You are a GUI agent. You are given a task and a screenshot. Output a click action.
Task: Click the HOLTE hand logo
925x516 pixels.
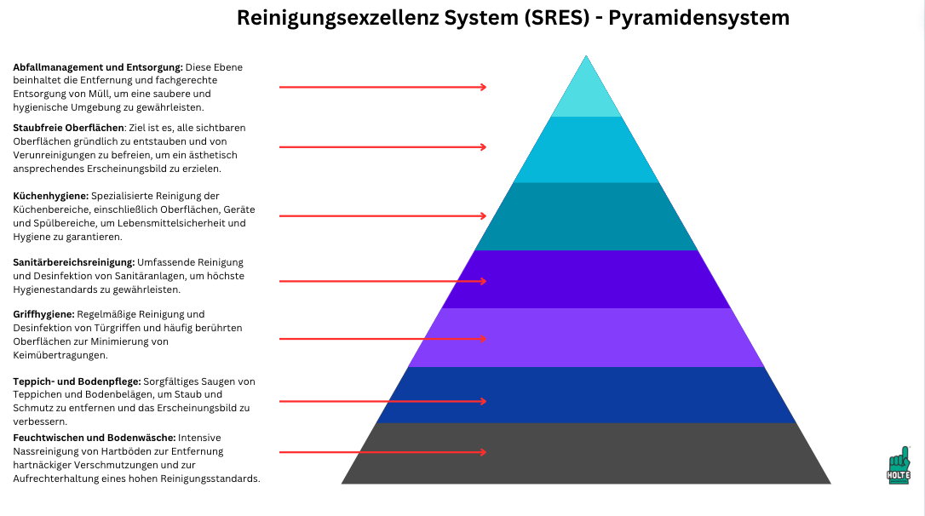coord(899,466)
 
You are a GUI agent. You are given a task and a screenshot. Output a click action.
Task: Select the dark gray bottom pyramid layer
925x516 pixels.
coord(586,454)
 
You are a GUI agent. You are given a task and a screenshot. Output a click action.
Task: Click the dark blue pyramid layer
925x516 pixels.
coord(586,394)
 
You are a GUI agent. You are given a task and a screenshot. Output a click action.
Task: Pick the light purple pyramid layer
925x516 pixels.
coord(586,337)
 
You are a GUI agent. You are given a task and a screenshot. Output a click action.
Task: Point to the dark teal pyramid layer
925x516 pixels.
coord(586,216)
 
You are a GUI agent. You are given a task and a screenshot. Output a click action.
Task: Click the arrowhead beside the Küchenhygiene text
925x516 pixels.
coord(483,215)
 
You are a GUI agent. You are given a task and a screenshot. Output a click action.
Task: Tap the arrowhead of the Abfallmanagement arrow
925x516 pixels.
coord(483,88)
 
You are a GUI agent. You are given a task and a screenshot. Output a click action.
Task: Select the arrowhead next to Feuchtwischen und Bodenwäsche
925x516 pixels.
coord(483,452)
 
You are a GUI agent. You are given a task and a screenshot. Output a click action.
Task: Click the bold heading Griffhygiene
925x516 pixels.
coord(43,314)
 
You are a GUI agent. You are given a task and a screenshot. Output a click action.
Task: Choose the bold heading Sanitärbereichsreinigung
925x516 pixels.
coord(74,262)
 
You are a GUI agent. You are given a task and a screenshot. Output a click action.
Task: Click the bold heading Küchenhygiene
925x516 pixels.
coord(51,196)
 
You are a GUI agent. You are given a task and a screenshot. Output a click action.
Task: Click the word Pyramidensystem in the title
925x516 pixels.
coord(698,18)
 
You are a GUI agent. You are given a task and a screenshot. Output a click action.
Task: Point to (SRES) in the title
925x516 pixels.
coord(556,18)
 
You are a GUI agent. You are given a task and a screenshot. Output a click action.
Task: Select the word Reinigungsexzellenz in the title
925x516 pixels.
coord(337,18)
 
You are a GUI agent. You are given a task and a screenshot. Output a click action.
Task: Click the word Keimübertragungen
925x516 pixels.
coord(60,355)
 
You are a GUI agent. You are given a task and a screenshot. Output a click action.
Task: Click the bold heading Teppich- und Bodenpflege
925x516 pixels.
coord(77,381)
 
